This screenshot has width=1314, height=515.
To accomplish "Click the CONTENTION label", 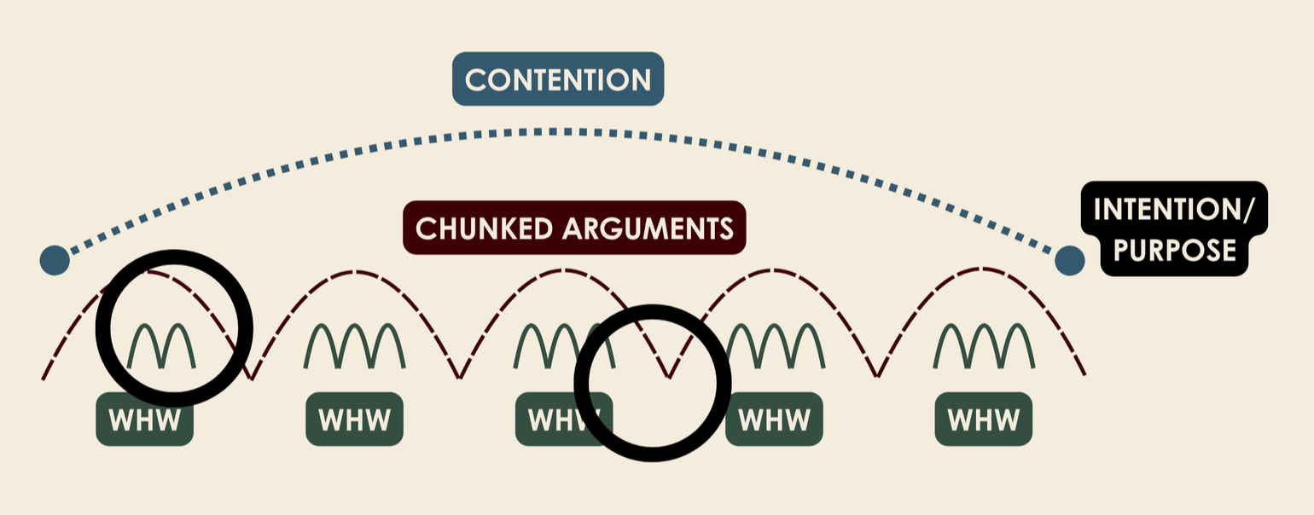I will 558,79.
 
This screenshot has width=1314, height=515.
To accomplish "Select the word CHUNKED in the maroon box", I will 483,228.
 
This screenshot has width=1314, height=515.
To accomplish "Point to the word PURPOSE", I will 1175,249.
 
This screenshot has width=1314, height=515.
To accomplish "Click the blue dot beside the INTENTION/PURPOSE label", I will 1069,260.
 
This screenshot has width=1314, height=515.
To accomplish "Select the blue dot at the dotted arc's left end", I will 55,260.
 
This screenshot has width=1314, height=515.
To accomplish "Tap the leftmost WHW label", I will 145,420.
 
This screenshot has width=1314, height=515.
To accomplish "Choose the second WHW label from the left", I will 354,420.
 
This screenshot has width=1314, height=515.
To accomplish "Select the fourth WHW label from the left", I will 774,420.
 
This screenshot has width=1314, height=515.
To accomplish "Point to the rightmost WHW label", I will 984,420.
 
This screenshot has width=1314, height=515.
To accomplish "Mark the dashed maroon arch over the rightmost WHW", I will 981,271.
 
